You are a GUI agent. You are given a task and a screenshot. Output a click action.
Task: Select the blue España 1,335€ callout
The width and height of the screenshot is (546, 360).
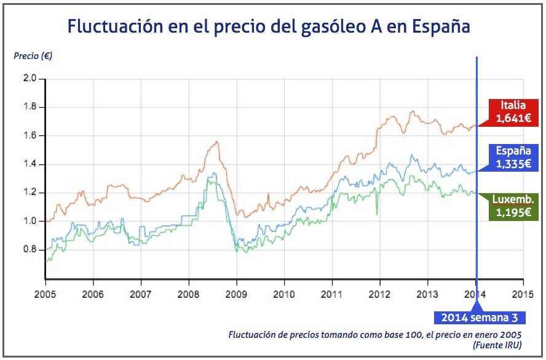(x=513, y=157)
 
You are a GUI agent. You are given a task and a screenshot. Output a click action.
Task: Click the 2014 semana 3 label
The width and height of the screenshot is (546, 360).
(x=480, y=318)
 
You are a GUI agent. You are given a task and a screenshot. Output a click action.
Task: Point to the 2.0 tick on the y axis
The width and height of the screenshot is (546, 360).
(x=30, y=79)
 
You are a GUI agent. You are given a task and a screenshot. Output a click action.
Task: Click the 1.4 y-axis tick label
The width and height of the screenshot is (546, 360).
(x=30, y=164)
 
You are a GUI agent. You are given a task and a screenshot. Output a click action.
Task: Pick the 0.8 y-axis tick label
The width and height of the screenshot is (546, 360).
(x=30, y=250)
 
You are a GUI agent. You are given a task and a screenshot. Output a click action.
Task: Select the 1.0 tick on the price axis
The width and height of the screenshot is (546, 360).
(x=30, y=222)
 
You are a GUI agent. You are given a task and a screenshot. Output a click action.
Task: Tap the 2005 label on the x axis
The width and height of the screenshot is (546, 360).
(x=45, y=294)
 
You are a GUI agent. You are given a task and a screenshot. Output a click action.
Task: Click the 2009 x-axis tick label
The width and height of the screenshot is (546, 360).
(x=236, y=294)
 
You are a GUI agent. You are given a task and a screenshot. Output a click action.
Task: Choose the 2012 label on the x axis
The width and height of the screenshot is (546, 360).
(x=379, y=294)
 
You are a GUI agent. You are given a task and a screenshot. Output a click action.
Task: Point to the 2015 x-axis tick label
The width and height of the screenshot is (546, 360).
(x=523, y=294)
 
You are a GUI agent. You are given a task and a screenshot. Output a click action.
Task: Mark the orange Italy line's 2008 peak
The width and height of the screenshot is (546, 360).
(x=216, y=142)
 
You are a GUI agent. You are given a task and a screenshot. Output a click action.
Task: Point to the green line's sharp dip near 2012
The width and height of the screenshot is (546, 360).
(x=376, y=214)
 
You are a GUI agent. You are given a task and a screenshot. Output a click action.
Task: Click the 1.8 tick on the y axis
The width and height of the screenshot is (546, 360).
(x=30, y=107)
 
